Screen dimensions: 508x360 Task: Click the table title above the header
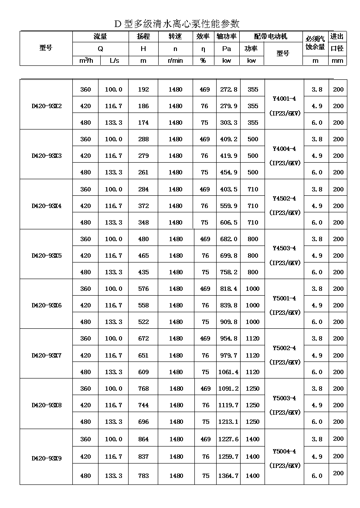177,24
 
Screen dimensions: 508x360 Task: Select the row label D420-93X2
47,106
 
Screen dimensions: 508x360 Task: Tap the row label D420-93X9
47,458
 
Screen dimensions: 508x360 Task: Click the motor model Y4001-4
284,99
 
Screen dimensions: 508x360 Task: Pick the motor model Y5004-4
284,451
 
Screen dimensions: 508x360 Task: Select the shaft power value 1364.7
228,476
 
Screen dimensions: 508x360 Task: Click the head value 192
143,89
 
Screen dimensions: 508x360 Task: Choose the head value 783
143,476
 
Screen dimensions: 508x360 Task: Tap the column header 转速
175,37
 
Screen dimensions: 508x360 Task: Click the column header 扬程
143,37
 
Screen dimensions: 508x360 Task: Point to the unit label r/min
175,61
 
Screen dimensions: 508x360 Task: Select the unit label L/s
114,61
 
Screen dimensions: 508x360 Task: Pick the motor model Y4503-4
284,248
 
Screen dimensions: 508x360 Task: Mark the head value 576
143,289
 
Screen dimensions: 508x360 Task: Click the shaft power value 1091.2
228,389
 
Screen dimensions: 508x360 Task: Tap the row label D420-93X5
47,256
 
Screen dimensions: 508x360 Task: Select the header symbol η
203,49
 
